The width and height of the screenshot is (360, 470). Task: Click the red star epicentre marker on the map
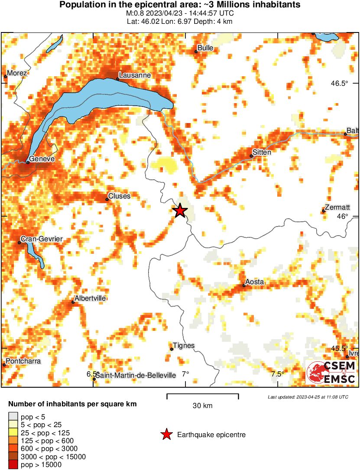[180, 211]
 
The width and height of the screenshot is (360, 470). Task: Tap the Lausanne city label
[135, 75]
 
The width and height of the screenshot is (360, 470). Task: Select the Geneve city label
[42, 159]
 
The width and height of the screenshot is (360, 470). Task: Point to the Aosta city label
[254, 282]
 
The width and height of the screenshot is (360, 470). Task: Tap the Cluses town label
[119, 196]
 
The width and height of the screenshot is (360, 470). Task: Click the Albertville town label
[90, 298]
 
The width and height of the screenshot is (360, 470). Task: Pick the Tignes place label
[183, 346]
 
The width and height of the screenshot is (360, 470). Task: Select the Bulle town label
[205, 48]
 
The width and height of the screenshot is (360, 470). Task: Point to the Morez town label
[17, 73]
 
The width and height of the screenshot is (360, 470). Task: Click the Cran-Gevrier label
[42, 239]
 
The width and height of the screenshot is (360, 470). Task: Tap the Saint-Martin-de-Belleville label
[136, 375]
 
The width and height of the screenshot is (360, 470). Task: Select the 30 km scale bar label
[202, 406]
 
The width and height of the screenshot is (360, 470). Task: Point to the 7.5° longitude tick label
[277, 374]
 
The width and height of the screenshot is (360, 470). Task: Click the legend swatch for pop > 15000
[13, 465]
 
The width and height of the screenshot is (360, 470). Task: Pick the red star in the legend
[166, 434]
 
